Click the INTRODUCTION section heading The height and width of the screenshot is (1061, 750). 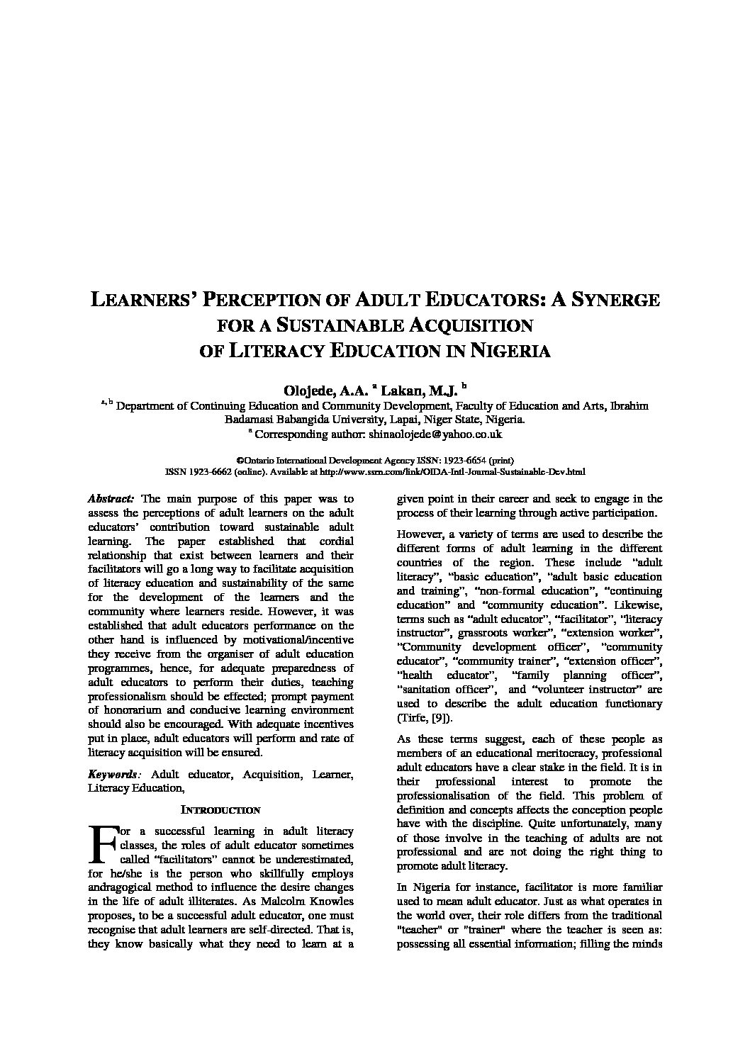point(220,809)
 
